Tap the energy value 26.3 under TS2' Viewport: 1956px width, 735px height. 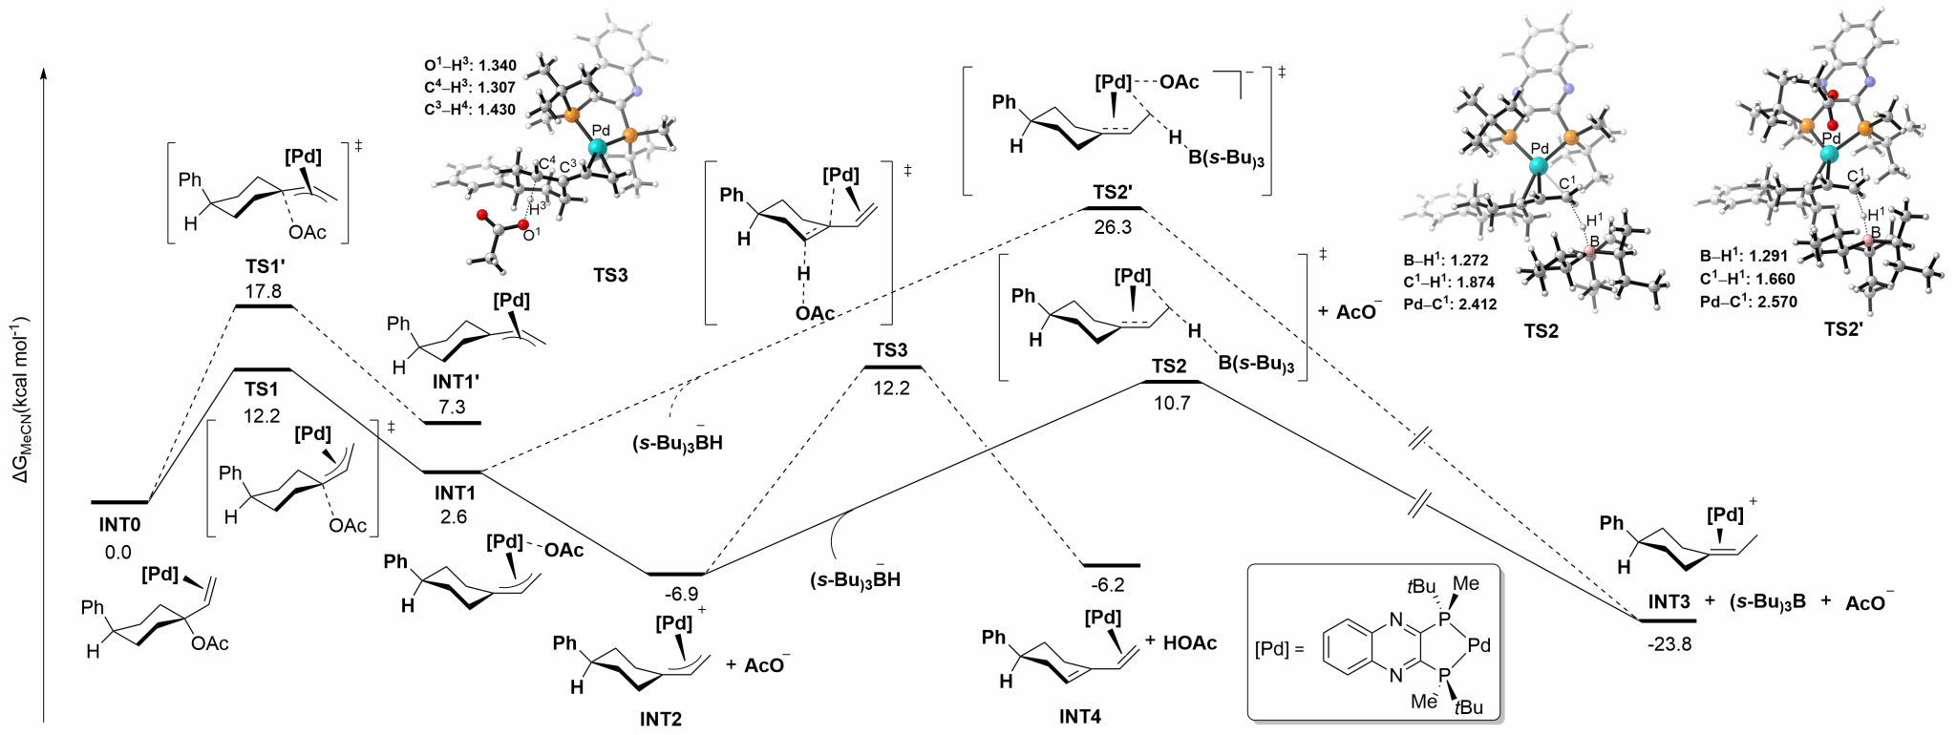click(1114, 228)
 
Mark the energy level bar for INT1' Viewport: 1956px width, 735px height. click(453, 422)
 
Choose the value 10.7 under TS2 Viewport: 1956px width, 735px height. click(1171, 403)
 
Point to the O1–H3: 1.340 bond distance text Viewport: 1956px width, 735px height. click(470, 66)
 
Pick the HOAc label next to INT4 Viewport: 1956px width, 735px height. click(1190, 642)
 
